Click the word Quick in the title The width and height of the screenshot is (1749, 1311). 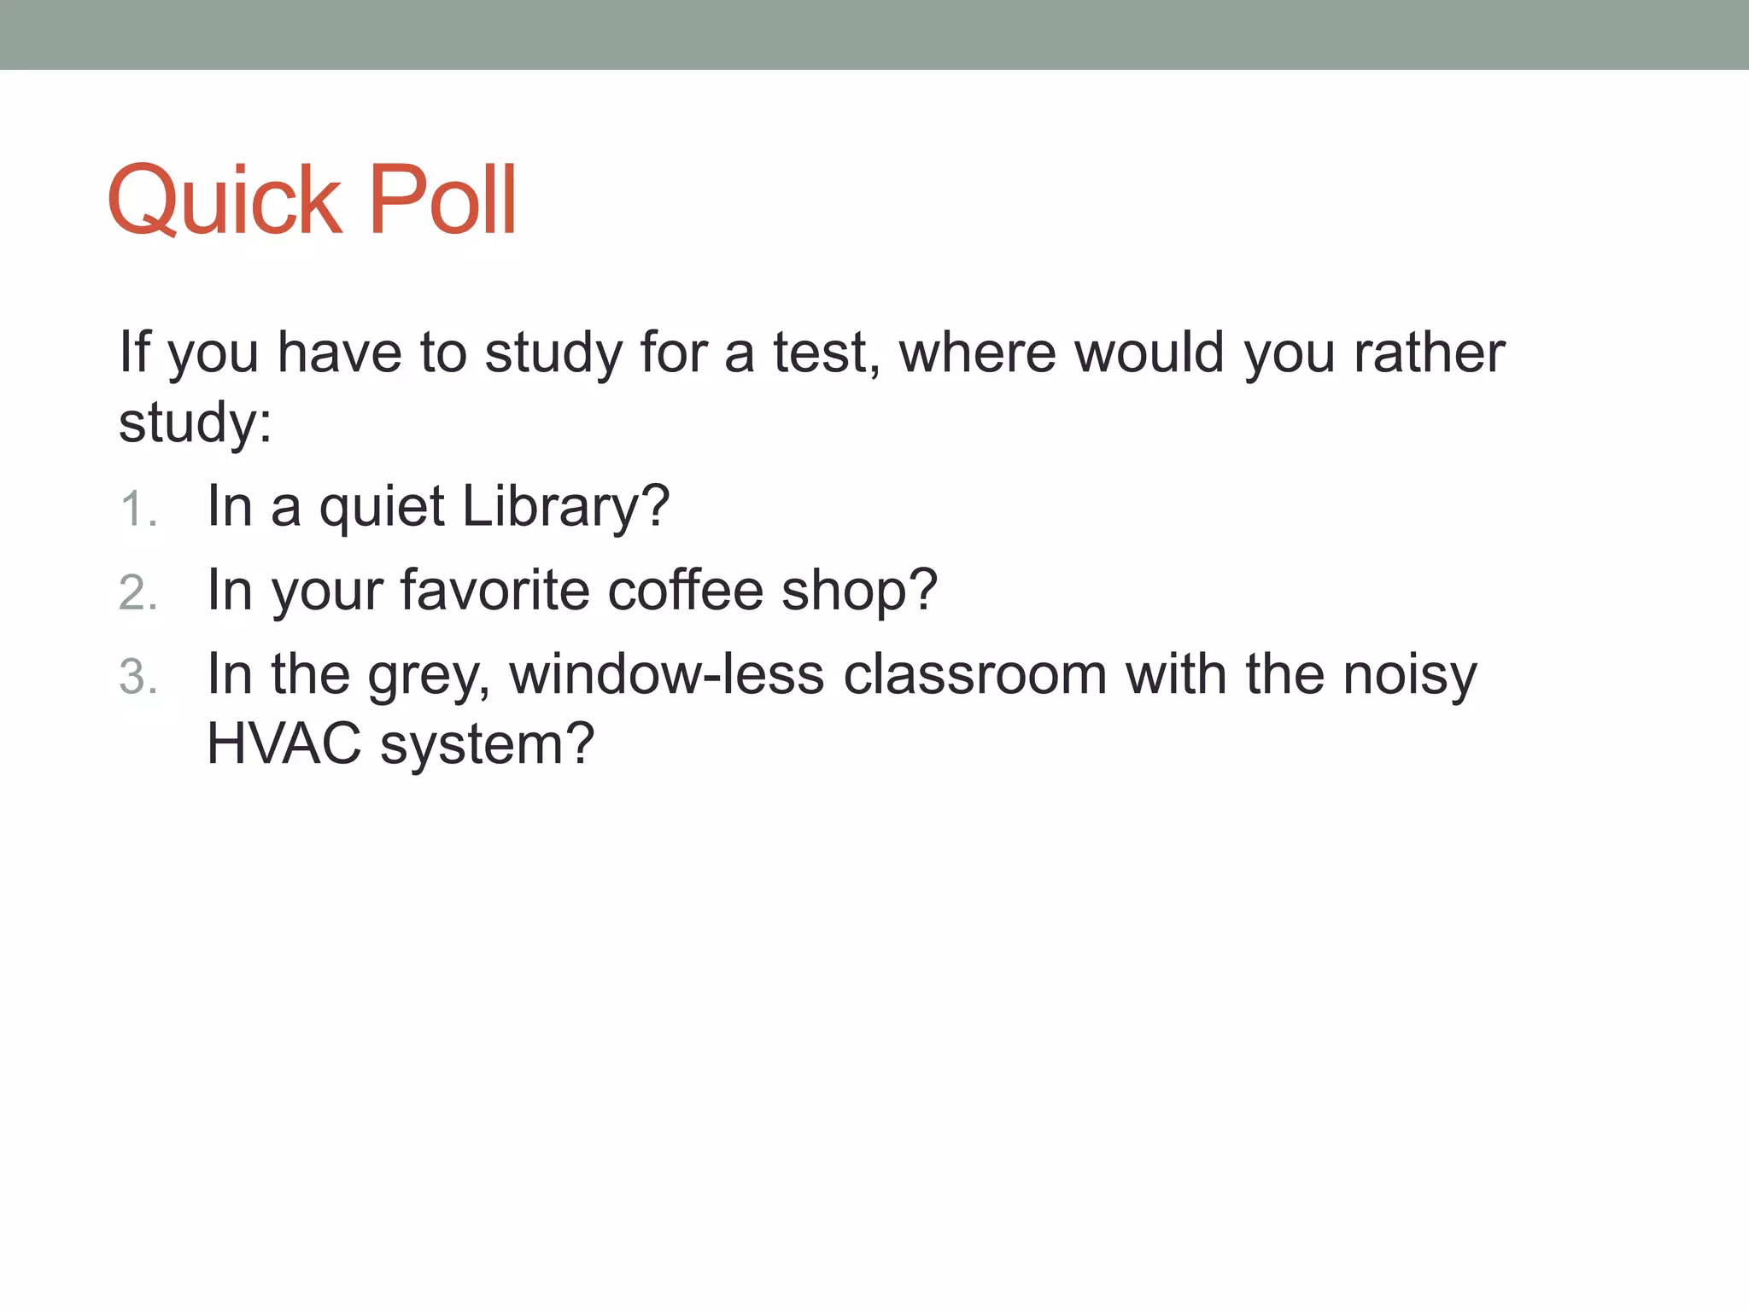pyautogui.click(x=225, y=201)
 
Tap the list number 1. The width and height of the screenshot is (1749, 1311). pyautogui.click(x=137, y=510)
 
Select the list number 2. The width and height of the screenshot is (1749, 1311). pyautogui.click(x=137, y=593)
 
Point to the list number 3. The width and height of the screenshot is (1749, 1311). pyautogui.click(x=137, y=677)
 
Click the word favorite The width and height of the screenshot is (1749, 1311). pyautogui.click(x=494, y=590)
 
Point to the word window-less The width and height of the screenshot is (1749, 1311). pyautogui.click(x=667, y=674)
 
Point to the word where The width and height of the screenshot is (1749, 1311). pyautogui.click(x=977, y=353)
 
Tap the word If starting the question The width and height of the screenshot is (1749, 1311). pyautogui.click(x=135, y=352)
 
